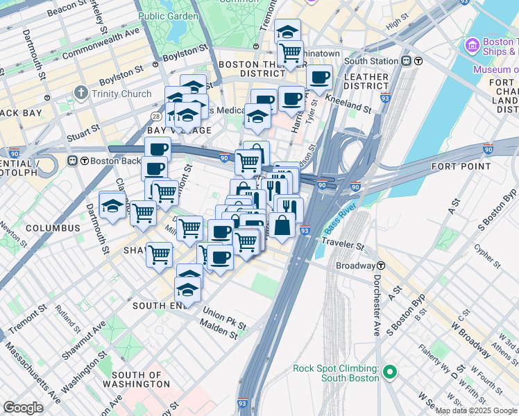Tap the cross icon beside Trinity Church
tap(81, 93)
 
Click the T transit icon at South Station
tap(418, 61)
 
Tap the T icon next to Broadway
tap(381, 266)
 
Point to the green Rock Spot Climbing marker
tap(389, 373)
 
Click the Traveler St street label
tap(342, 245)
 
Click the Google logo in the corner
tap(24, 408)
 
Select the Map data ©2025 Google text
tap(475, 410)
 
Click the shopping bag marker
tap(282, 226)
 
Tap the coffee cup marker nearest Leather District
tap(319, 78)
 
